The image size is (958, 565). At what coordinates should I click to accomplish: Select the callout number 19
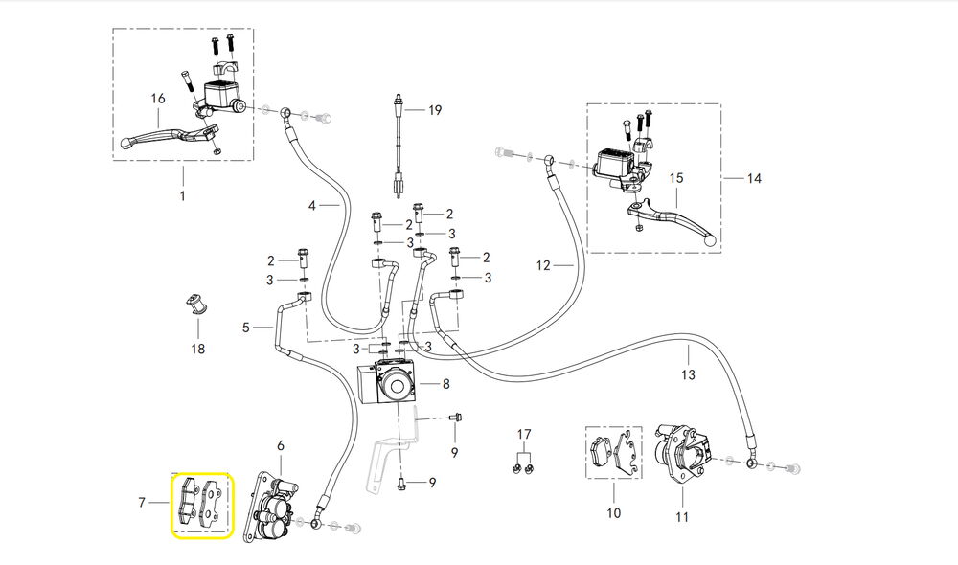435,110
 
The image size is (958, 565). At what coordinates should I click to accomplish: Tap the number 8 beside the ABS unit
445,384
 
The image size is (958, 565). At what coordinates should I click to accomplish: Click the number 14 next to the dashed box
754,178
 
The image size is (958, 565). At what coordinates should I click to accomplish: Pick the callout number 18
197,350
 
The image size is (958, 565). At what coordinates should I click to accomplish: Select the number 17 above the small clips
524,435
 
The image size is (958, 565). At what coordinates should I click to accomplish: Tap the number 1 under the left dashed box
183,196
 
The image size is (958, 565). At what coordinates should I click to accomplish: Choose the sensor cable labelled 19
397,144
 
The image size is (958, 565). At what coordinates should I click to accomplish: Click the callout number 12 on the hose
543,265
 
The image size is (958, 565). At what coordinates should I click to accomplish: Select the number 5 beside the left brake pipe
246,328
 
